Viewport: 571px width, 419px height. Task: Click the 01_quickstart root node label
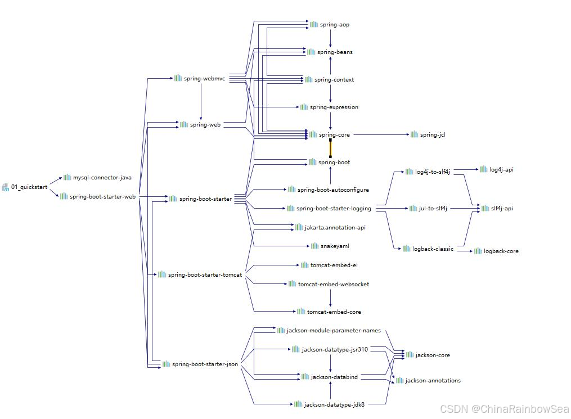click(x=29, y=187)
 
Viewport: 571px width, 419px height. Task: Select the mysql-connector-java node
click(x=102, y=178)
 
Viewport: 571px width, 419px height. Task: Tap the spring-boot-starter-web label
click(x=102, y=197)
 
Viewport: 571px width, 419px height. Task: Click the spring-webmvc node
click(x=204, y=79)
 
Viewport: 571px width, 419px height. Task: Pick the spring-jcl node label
click(x=433, y=135)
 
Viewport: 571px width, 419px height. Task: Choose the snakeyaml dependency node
click(x=335, y=246)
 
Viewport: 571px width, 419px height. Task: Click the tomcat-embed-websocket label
click(x=334, y=285)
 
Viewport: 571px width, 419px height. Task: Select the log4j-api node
click(x=501, y=170)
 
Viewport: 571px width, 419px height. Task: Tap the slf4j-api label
click(x=502, y=209)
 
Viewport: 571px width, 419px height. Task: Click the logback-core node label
click(x=501, y=251)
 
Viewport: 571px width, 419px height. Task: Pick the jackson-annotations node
click(x=433, y=381)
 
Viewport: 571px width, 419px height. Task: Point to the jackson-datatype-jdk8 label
click(x=334, y=404)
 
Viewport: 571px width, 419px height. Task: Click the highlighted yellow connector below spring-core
click(x=330, y=148)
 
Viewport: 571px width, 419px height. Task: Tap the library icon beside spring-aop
click(x=314, y=25)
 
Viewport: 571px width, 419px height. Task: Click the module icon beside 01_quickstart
click(x=6, y=187)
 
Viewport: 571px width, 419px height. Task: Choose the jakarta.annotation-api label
click(x=335, y=228)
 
